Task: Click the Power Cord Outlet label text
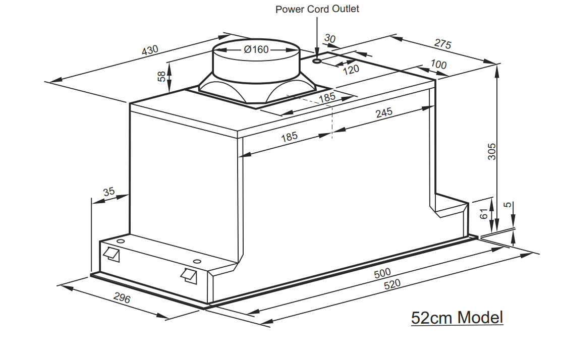click(317, 9)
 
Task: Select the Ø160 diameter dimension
click(256, 50)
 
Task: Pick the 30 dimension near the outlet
click(330, 39)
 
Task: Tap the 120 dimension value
click(351, 69)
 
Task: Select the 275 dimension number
click(442, 44)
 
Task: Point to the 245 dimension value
click(384, 113)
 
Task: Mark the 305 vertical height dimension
click(493, 151)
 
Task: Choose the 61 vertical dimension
click(484, 214)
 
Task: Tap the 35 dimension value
click(108, 192)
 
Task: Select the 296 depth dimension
click(122, 298)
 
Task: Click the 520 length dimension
click(392, 284)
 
